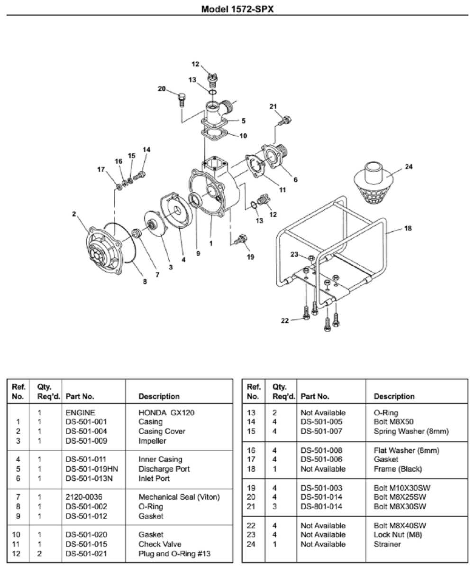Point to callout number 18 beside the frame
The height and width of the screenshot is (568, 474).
point(408,228)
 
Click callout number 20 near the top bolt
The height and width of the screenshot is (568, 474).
point(162,89)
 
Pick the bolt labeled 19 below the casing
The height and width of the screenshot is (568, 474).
point(241,239)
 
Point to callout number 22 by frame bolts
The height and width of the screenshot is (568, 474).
point(284,321)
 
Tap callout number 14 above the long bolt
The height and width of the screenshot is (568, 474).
point(146,149)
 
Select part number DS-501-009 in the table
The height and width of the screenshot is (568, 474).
point(86,441)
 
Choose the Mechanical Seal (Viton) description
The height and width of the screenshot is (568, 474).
point(179,497)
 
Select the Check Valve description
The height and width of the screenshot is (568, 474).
point(160,544)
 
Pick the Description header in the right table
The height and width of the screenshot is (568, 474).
point(394,396)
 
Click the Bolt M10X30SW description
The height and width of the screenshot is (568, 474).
point(400,488)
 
